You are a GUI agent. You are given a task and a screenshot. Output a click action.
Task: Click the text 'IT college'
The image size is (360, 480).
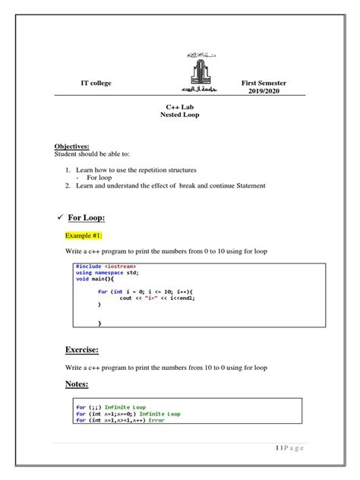pyautogui.click(x=96, y=83)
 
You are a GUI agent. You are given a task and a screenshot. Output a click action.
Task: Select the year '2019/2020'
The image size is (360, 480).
pyautogui.click(x=264, y=92)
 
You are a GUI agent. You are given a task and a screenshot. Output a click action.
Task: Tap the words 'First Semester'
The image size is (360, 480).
pyautogui.click(x=264, y=82)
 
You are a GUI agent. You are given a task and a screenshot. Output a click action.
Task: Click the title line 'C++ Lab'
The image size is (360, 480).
pyautogui.click(x=180, y=108)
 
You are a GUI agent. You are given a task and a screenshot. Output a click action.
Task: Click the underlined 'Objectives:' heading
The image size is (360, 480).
pyautogui.click(x=71, y=146)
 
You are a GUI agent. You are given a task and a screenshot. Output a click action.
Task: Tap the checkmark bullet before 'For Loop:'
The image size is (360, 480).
pyautogui.click(x=58, y=217)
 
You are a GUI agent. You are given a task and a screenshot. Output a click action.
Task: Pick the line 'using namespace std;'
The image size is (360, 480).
pyautogui.click(x=108, y=273)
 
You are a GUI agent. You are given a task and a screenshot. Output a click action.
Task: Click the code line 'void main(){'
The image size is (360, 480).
pyautogui.click(x=95, y=279)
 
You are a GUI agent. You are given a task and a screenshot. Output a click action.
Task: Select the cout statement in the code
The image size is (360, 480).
pyautogui.click(x=163, y=298)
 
